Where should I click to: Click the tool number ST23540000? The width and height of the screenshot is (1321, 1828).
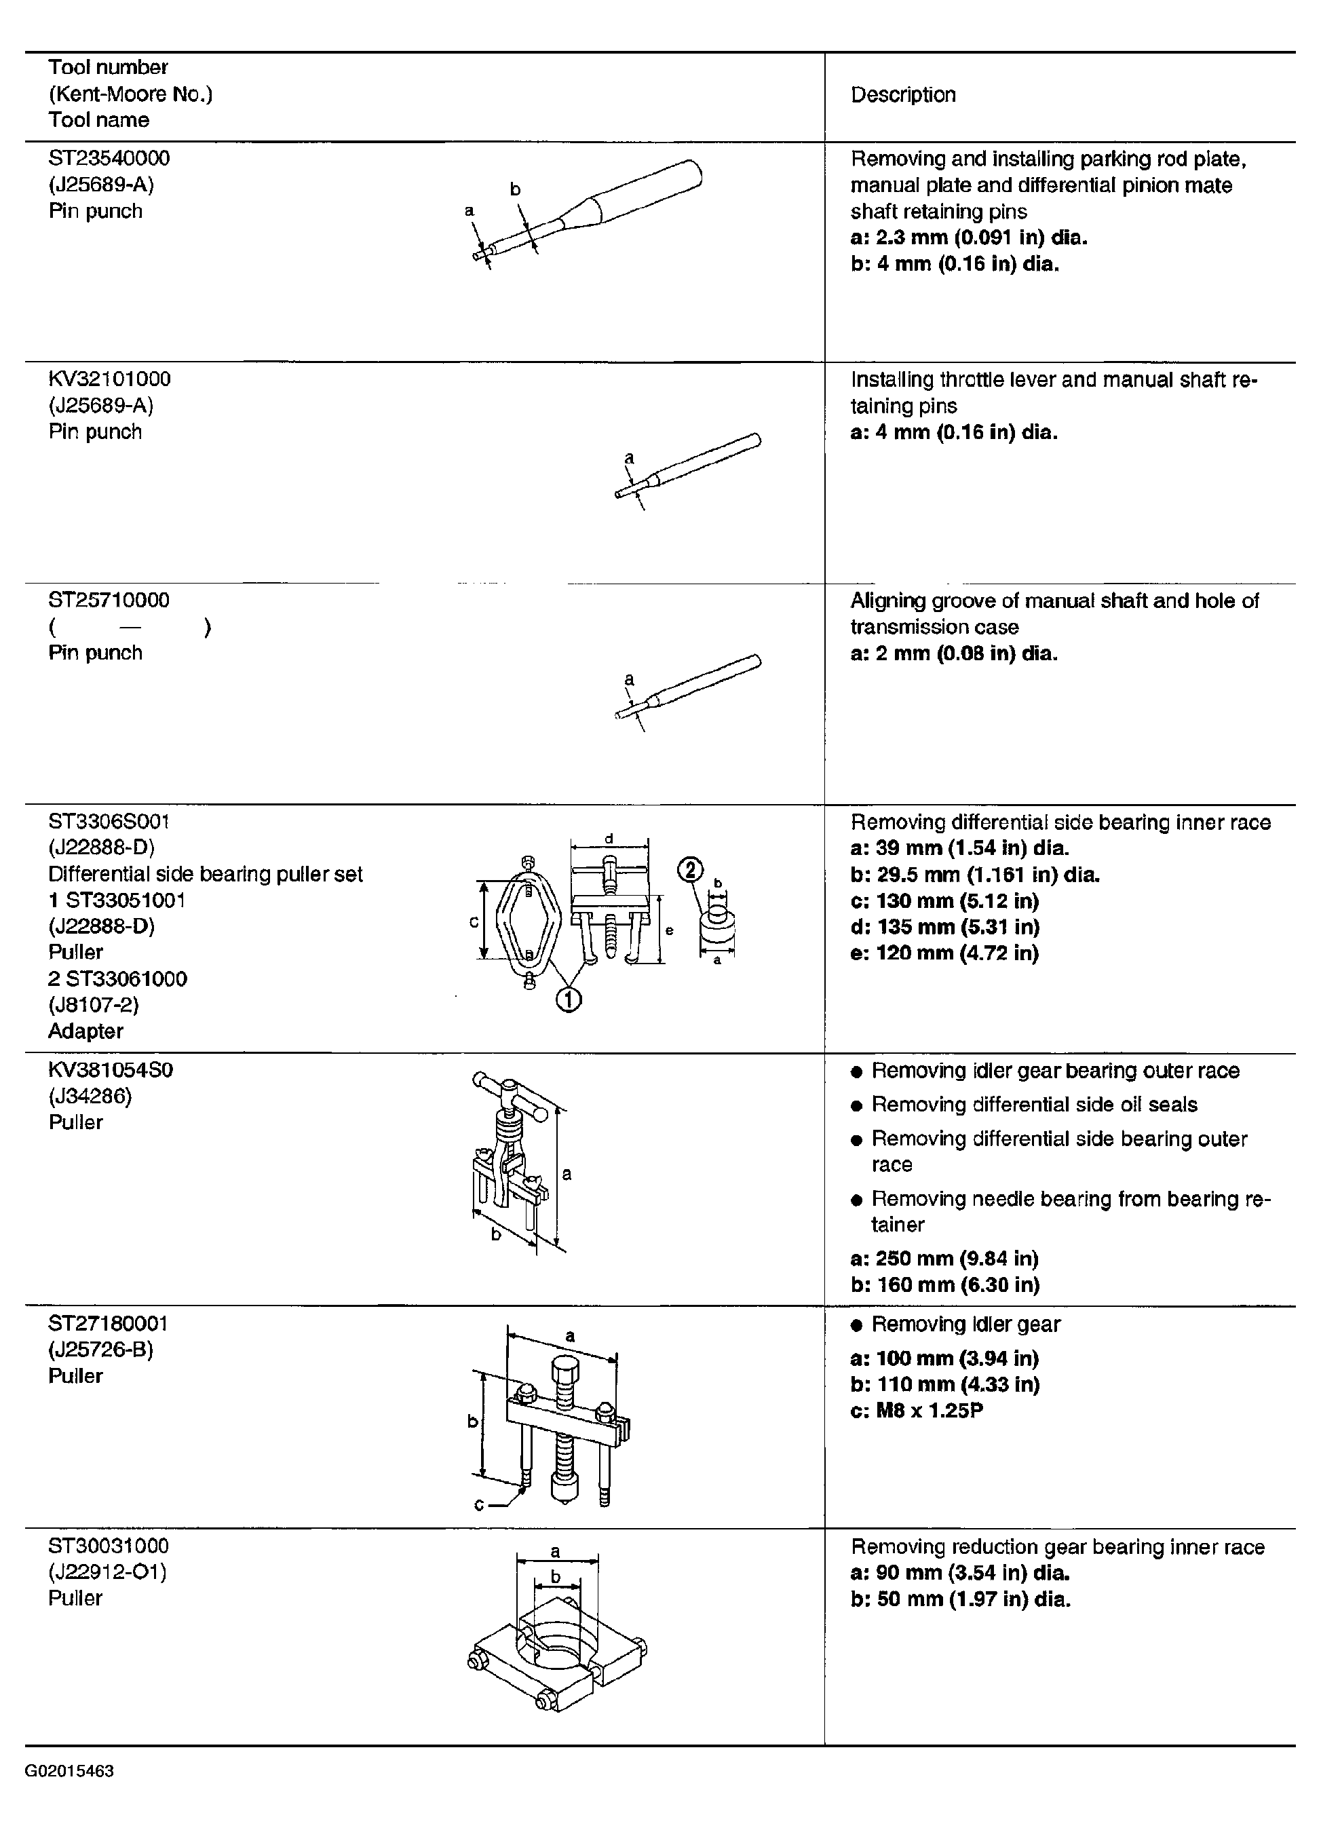tap(109, 158)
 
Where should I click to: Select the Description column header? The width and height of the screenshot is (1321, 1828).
tap(902, 95)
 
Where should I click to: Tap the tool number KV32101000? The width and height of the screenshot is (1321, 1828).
tap(110, 379)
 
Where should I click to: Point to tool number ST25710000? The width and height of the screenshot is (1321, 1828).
tap(109, 600)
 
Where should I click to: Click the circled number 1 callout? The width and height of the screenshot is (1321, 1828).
tap(568, 999)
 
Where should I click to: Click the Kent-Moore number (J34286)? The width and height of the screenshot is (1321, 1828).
tap(90, 1096)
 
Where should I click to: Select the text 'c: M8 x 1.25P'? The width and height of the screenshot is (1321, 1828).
tap(917, 1411)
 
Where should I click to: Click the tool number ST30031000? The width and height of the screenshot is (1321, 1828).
tap(109, 1546)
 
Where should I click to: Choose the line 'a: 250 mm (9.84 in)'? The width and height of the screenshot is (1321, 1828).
tap(944, 1258)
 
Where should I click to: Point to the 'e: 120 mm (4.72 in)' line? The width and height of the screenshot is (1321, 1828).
tap(944, 953)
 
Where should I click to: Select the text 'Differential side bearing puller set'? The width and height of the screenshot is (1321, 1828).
tap(206, 874)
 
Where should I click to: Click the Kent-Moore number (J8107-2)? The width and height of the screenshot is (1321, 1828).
tap(94, 1004)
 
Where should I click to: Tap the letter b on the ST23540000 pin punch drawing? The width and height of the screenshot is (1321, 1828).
tap(515, 190)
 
